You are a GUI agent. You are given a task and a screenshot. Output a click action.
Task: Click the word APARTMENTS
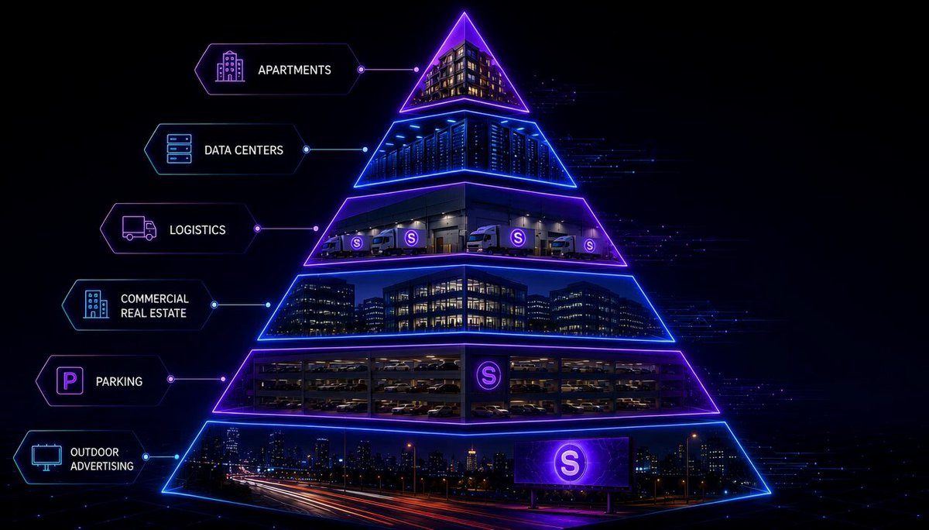294,70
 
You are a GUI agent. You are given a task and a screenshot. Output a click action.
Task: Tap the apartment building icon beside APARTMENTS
230,66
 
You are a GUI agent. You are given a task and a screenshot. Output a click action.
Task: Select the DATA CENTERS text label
244,150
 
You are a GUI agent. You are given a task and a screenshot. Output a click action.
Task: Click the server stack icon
179,149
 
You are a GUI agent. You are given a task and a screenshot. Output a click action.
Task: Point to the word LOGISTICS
197,229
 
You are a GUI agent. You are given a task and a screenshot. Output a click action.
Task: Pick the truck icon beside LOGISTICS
139,228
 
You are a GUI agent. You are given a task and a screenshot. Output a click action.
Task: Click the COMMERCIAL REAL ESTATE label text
154,305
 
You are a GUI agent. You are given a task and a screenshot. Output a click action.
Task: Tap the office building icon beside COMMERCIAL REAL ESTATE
96,305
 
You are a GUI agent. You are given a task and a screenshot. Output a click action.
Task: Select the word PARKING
119,381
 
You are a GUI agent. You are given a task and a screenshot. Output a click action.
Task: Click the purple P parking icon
70,380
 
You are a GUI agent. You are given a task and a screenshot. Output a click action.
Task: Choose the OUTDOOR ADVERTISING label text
102,459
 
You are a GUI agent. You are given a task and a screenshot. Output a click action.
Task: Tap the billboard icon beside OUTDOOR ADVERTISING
47,457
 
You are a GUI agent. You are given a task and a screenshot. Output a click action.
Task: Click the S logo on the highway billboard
570,463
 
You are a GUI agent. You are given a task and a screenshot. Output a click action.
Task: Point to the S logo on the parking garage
488,375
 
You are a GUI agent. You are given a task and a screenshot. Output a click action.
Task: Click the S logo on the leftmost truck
356,243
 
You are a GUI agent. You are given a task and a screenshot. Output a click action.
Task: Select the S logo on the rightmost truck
589,246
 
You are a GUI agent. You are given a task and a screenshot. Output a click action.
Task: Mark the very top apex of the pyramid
464,12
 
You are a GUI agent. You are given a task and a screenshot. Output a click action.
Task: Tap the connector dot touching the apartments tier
417,70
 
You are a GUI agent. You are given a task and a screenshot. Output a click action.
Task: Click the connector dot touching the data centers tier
365,150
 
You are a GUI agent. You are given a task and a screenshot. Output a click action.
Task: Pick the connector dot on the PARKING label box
170,379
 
